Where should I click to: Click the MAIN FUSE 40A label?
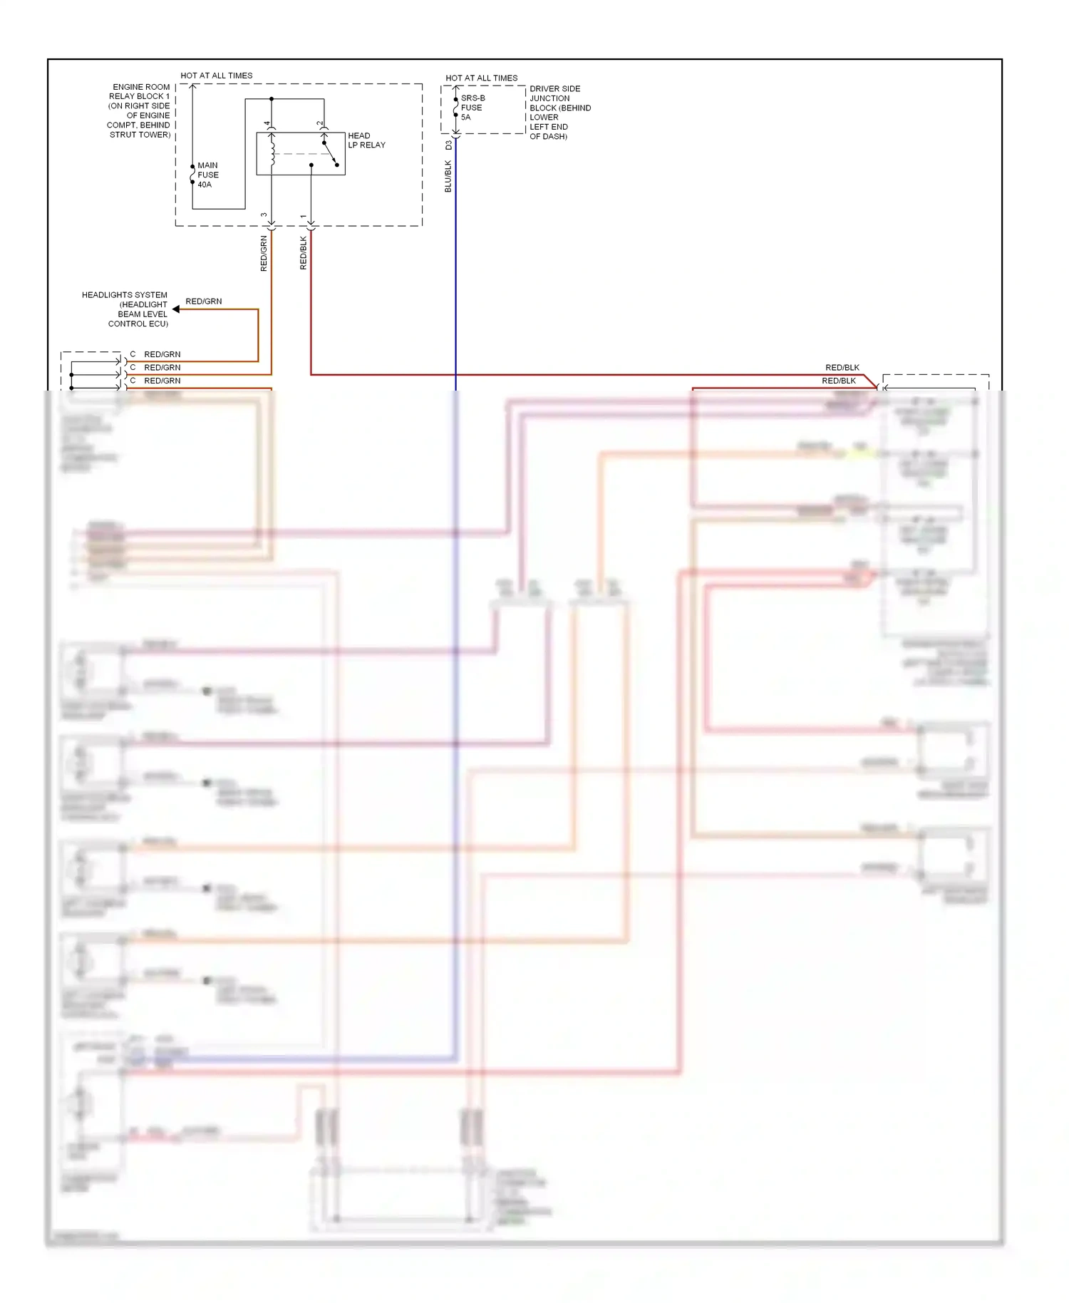tap(207, 175)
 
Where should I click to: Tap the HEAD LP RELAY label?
tap(366, 140)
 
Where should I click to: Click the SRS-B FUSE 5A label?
tap(472, 108)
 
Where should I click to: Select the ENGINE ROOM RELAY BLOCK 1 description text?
tap(140, 110)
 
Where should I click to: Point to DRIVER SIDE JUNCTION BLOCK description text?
tap(559, 113)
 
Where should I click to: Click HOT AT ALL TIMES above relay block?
tap(217, 76)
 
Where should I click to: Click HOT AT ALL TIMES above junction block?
tap(482, 78)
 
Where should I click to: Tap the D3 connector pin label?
tap(448, 145)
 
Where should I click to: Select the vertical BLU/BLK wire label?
tap(448, 176)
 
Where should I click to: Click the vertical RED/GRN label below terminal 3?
tap(264, 253)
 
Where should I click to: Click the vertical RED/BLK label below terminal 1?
tap(303, 252)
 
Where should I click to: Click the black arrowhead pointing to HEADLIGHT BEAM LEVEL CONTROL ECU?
tap(176, 309)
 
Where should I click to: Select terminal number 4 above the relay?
tap(267, 124)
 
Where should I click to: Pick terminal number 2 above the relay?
tap(319, 124)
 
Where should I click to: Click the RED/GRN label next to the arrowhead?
tap(204, 302)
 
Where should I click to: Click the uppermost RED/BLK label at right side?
tap(842, 368)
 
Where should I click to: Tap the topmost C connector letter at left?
tap(133, 354)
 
